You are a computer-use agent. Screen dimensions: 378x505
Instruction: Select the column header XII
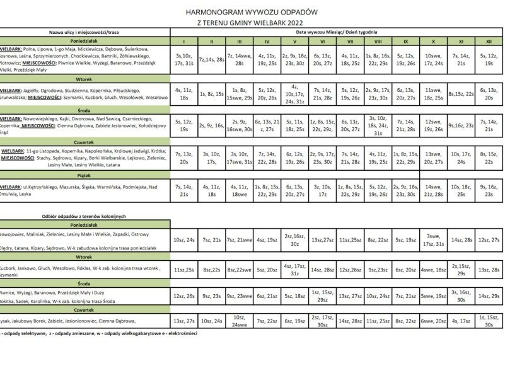pyautogui.click(x=489, y=41)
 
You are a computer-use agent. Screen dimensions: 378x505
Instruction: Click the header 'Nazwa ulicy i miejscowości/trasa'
pyautogui.click(x=85, y=31)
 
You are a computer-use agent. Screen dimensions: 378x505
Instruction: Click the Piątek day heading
pyautogui.click(x=85, y=177)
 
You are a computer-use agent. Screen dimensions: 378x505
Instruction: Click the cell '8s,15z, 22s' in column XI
pyautogui.click(x=461, y=93)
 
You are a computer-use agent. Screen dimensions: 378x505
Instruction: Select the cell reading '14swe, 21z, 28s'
pyautogui.click(x=433, y=190)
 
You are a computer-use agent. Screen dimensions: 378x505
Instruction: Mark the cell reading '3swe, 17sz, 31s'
pyautogui.click(x=433, y=239)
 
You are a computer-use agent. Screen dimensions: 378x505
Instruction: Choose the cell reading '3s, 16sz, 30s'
pyautogui.click(x=461, y=295)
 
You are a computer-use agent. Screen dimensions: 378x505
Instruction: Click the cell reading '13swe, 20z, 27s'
pyautogui.click(x=433, y=157)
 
